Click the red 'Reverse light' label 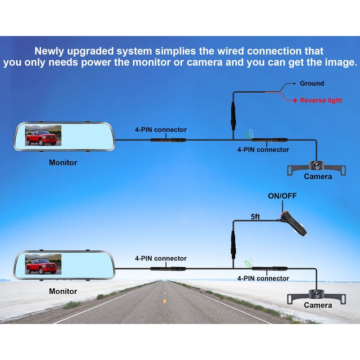pyautogui.click(x=321, y=100)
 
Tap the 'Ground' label pyautogui.click(x=312, y=83)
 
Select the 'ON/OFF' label pyautogui.click(x=282, y=196)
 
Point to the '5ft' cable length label pyautogui.click(x=255, y=216)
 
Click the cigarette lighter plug pyautogui.click(x=293, y=223)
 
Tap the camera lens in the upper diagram pyautogui.click(x=316, y=165)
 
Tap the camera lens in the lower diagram pyautogui.click(x=316, y=294)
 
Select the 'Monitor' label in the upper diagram pyautogui.click(x=63, y=162)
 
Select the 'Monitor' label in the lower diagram pyautogui.click(x=63, y=291)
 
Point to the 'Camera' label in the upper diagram pyautogui.click(x=318, y=176)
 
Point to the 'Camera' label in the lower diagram pyautogui.click(x=318, y=305)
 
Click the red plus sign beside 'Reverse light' pyautogui.click(x=295, y=100)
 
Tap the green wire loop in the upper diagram pyautogui.click(x=247, y=135)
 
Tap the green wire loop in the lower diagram pyautogui.click(x=247, y=264)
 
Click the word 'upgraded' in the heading pyautogui.click(x=90, y=51)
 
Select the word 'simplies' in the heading pyautogui.click(x=175, y=51)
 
